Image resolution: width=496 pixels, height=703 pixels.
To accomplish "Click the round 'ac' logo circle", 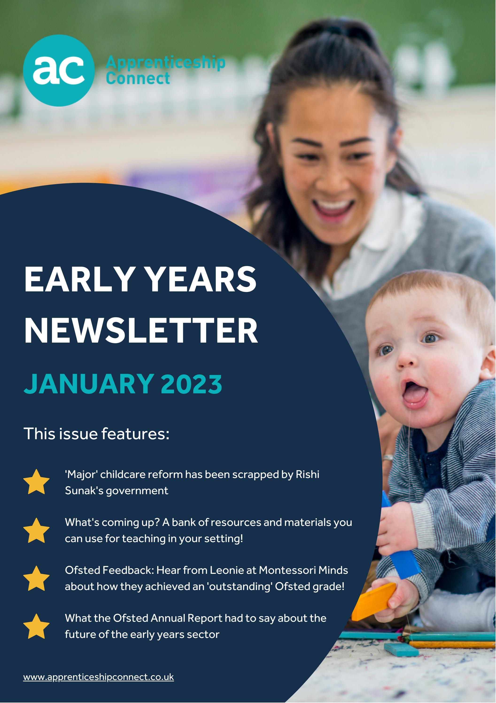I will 58,70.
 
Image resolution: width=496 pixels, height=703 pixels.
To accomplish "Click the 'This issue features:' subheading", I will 97,434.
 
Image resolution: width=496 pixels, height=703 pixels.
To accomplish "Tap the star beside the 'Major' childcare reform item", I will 36,482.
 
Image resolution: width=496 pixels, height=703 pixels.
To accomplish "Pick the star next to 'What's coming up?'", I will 36,531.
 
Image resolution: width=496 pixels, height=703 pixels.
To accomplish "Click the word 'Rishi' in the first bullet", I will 307,475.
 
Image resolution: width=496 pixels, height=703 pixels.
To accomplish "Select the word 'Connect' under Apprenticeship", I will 138,79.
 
